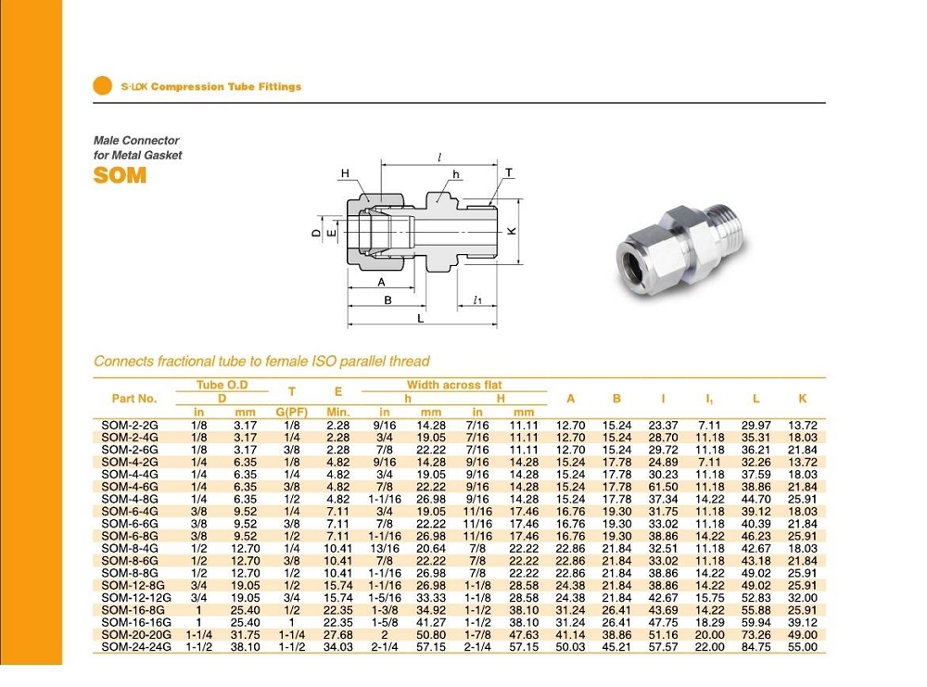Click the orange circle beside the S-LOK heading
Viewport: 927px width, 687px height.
coord(102,86)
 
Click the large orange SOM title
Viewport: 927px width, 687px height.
coord(120,175)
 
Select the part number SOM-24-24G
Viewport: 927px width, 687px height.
coord(132,647)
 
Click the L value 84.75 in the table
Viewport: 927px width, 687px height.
coord(756,647)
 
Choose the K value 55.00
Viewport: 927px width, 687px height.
coord(802,647)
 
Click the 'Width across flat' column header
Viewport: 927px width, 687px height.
coord(453,385)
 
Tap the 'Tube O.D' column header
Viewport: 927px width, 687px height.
coord(222,385)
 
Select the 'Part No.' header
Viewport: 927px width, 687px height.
coord(134,399)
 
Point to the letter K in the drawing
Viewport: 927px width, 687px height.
coord(511,232)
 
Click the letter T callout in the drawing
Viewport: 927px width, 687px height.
coord(508,173)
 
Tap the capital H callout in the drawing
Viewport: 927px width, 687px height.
coord(345,173)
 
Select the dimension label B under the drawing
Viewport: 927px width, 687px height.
coord(388,299)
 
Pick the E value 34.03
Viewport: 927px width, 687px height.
coord(338,647)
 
